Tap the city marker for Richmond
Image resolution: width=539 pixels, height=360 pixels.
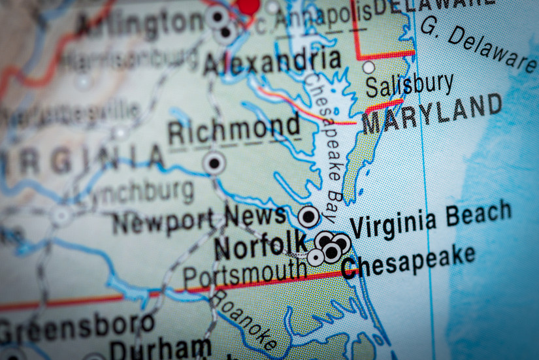[213, 163]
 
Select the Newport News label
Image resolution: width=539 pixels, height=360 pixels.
[199, 219]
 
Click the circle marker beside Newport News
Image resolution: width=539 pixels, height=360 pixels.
[308, 216]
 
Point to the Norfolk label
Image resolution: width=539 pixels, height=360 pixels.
[260, 246]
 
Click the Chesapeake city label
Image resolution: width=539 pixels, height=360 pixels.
[408, 261]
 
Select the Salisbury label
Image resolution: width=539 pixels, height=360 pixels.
[409, 85]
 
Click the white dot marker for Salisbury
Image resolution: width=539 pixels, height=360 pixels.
[368, 67]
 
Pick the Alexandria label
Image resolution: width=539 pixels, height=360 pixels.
[272, 61]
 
